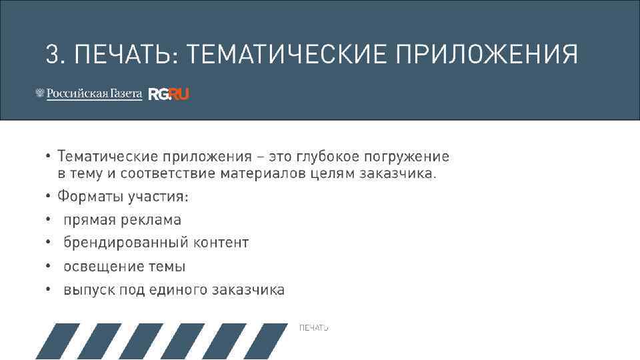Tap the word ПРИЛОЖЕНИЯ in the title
coord(487,53)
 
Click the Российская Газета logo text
coord(94,94)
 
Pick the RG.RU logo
coord(169,94)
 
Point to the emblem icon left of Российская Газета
coord(39,94)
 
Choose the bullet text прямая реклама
coord(122,220)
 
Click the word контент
coord(221,243)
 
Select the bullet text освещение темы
coord(124,267)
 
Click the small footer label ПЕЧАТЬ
coord(313,328)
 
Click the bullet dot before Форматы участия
coord(49,197)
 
